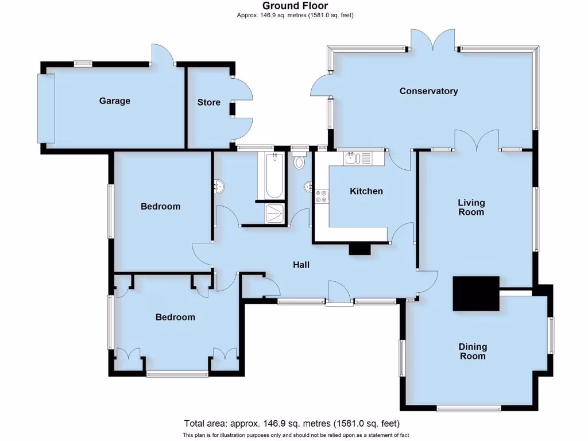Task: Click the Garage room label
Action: click(x=115, y=101)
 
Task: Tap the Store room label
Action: click(x=208, y=103)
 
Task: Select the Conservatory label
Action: click(x=428, y=91)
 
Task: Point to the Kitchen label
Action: click(x=366, y=191)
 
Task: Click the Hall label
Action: click(x=301, y=265)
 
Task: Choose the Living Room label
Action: click(x=471, y=207)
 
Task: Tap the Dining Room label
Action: click(x=473, y=351)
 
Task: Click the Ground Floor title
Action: click(x=295, y=6)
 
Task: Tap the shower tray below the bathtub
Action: click(x=274, y=214)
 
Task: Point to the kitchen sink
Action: click(x=356, y=158)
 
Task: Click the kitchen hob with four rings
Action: click(x=322, y=196)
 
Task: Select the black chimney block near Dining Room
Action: click(x=475, y=293)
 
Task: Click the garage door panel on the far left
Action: click(x=46, y=108)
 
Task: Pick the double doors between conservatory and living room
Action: click(x=477, y=141)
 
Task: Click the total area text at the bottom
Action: click(x=291, y=424)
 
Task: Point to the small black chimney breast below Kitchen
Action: click(x=360, y=249)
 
